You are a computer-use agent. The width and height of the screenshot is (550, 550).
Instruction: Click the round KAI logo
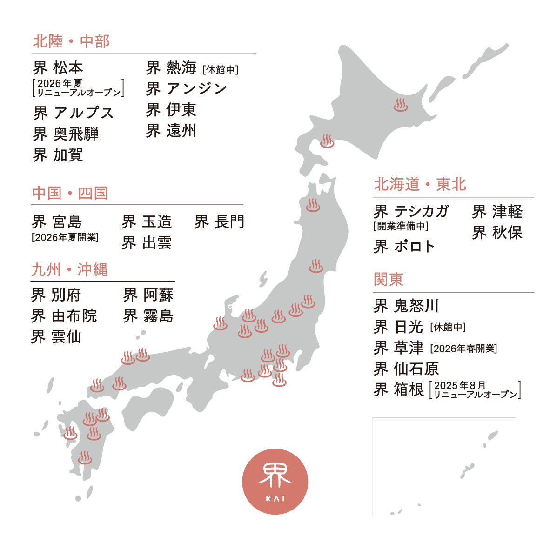coord(275,482)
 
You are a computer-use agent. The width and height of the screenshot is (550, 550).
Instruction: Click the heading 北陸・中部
coord(71,41)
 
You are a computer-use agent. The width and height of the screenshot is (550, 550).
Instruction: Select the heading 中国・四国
coord(70,193)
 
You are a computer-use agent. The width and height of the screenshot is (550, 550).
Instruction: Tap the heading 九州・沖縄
coord(69,270)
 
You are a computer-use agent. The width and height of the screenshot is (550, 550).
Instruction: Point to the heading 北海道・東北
coord(420,185)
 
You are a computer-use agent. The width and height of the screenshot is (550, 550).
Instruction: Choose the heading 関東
coord(389,280)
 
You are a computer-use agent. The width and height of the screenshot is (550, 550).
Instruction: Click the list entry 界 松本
coord(58,68)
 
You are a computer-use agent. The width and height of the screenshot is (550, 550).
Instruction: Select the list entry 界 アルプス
coord(74,113)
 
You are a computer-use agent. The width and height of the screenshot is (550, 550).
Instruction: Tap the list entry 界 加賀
coord(58,155)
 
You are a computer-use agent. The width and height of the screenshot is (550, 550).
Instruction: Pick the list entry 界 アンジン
coord(186,89)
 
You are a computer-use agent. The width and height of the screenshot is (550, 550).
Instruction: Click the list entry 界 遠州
coord(171,131)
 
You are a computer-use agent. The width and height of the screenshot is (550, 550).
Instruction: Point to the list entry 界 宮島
coord(57,222)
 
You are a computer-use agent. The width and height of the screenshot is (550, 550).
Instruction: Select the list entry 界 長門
coord(219,222)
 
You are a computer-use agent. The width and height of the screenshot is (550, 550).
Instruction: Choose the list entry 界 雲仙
coord(56,336)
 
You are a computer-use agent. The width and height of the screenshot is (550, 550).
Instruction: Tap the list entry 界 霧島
coord(148,316)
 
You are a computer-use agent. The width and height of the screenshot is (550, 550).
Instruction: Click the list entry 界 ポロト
coord(404,246)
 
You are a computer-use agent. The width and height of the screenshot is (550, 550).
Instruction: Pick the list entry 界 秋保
coord(497,233)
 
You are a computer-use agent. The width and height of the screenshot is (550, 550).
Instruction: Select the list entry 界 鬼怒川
coord(406,306)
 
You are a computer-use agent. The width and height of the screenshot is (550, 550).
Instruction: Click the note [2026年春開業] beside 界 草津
coord(463,349)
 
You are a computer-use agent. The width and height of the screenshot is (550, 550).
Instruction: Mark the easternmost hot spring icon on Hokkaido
coord(400,105)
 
